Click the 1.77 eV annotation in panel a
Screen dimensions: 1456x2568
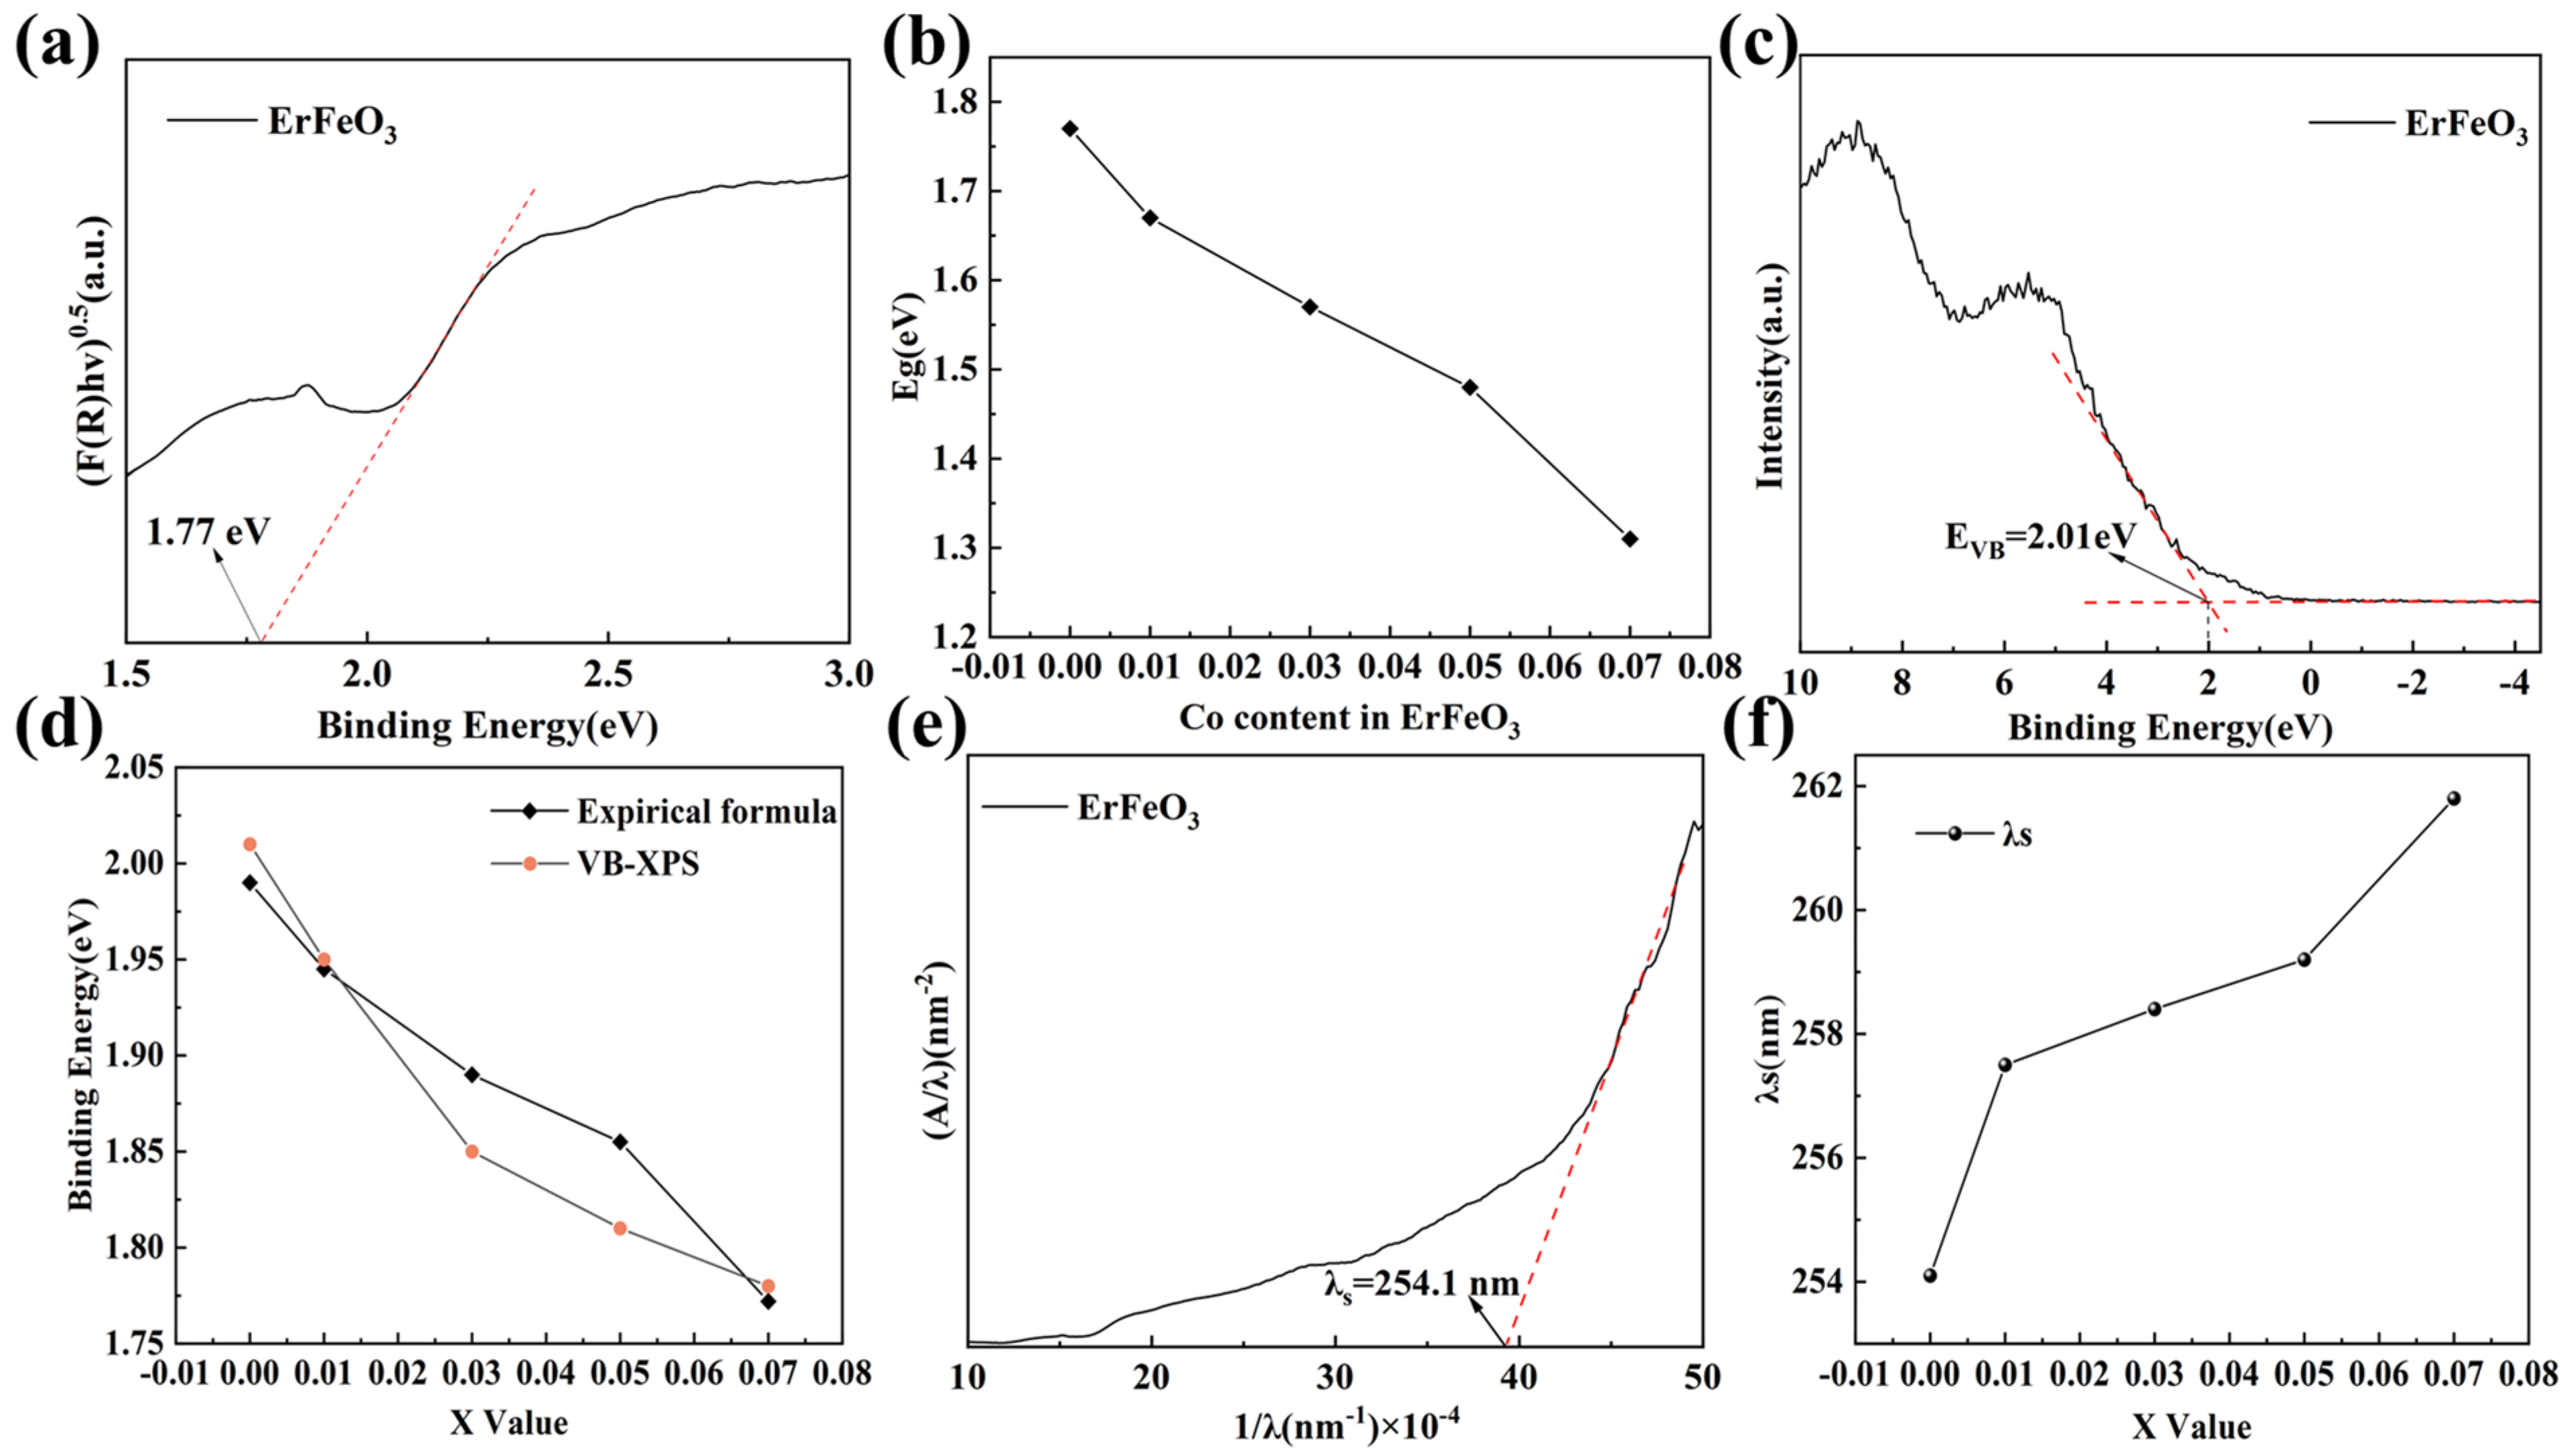(x=208, y=532)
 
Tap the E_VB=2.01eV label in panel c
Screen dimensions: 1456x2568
(x=2040, y=538)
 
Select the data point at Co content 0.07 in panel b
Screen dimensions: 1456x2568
(x=1630, y=539)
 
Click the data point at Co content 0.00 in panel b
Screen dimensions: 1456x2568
(x=1070, y=129)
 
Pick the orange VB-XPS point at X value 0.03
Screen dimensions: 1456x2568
(x=472, y=1151)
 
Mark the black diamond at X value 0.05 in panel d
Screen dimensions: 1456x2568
(x=620, y=1141)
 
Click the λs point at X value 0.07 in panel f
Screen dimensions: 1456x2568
(x=2453, y=798)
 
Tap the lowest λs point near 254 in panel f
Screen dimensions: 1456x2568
(x=1930, y=1275)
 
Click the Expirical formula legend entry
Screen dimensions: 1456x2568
(x=705, y=811)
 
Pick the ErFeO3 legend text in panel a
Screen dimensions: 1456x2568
(x=332, y=123)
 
